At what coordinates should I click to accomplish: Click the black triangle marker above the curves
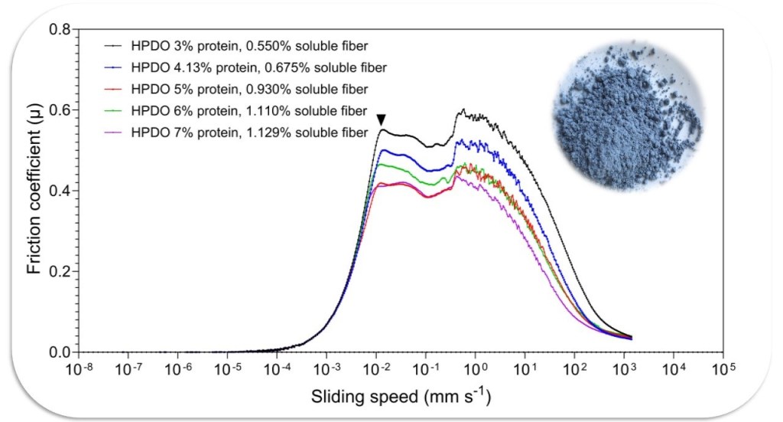click(382, 120)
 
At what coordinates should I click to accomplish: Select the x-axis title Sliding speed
click(401, 398)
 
